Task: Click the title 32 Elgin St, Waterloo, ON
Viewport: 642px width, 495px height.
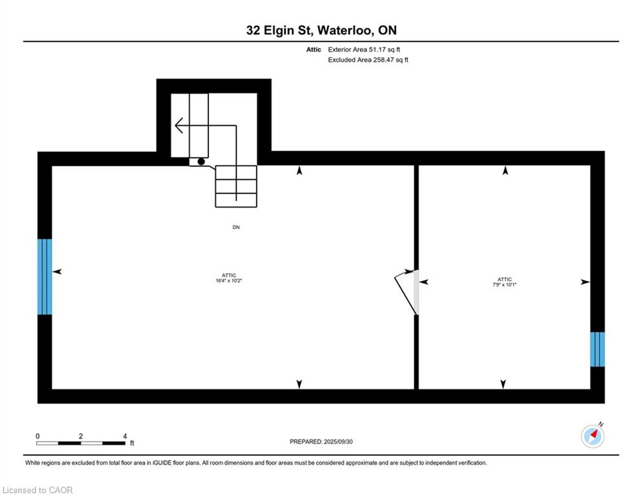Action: [x=321, y=30]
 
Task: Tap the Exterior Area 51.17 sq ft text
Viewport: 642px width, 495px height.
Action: [x=364, y=50]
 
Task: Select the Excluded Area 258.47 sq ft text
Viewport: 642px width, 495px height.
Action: [x=368, y=60]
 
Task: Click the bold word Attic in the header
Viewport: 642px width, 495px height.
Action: [x=314, y=50]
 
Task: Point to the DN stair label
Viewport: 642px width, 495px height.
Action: [x=236, y=227]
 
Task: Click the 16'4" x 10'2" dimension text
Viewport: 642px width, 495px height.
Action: [x=229, y=280]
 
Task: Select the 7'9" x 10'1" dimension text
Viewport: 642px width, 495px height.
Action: [x=505, y=284]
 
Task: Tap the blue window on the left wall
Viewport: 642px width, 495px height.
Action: [x=45, y=277]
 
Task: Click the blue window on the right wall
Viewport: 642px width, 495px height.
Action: [x=597, y=349]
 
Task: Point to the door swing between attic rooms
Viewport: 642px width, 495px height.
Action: [x=405, y=293]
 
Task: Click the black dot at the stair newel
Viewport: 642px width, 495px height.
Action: [x=201, y=162]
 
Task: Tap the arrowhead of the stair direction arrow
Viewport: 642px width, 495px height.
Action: [x=178, y=125]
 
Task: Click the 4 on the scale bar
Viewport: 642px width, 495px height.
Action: [x=125, y=436]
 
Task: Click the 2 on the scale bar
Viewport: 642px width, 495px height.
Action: [x=81, y=436]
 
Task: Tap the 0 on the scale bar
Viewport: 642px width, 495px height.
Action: [x=37, y=436]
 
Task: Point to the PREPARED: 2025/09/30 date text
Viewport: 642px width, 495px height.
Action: [x=321, y=442]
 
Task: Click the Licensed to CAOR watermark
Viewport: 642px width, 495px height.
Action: [x=37, y=490]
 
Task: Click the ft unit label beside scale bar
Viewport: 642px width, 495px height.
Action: [x=132, y=443]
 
